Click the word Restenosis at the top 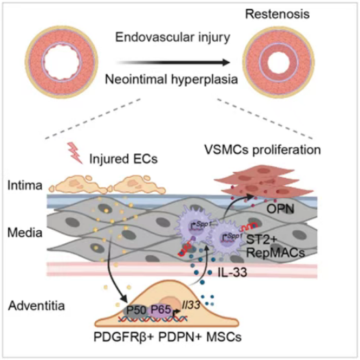coord(278,14)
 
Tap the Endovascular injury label coord(172,37)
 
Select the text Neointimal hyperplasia coord(171,80)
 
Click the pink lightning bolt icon coord(75,153)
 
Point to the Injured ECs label coord(124,159)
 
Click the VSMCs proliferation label coord(262,150)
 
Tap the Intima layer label coord(25,185)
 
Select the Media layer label coord(25,233)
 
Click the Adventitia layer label coord(36,306)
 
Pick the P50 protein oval coord(136,311)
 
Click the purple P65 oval coord(161,311)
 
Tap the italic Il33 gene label coord(191,305)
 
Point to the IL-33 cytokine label coord(232,273)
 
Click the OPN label coord(280,209)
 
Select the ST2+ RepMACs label coord(275,247)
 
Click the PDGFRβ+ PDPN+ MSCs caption coord(168,337)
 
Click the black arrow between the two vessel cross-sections coord(172,63)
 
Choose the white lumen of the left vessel coord(63,63)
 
